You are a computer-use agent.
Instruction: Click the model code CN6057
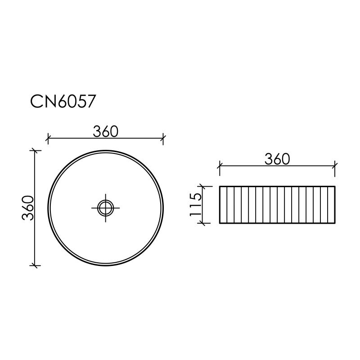63,101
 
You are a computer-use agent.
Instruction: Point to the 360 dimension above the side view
276,159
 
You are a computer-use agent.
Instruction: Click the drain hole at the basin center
105,207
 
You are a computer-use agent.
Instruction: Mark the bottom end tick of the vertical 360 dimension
35,265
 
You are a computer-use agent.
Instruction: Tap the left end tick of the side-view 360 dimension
219,166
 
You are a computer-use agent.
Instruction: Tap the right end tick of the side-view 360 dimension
335,166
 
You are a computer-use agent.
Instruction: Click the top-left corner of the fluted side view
220,186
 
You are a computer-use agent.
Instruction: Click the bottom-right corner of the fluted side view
335,223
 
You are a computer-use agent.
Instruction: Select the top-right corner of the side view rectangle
335,186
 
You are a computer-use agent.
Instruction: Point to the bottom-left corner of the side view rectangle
220,223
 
